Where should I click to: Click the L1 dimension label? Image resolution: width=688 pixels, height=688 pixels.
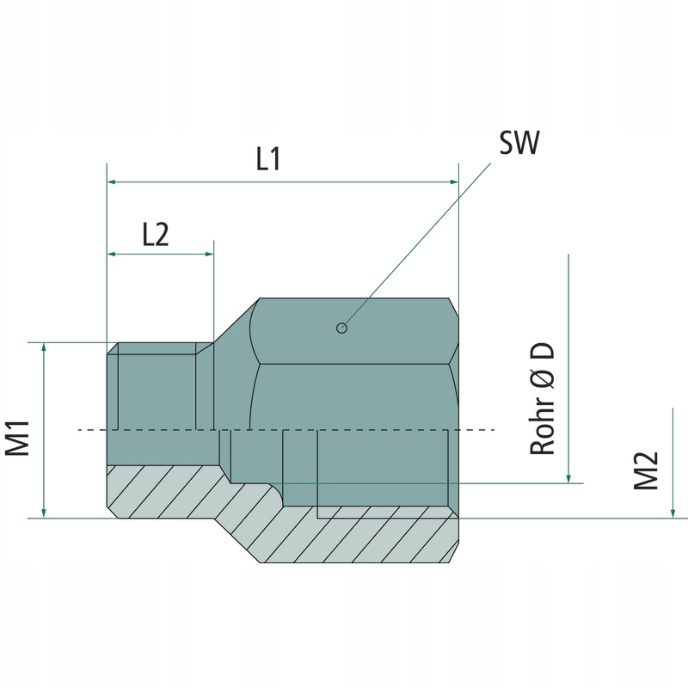click(x=268, y=160)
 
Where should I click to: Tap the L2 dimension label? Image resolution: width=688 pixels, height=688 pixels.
click(x=155, y=234)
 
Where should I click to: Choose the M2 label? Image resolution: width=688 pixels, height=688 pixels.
click(x=646, y=471)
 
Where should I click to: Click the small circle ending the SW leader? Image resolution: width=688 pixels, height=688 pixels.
click(x=342, y=327)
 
